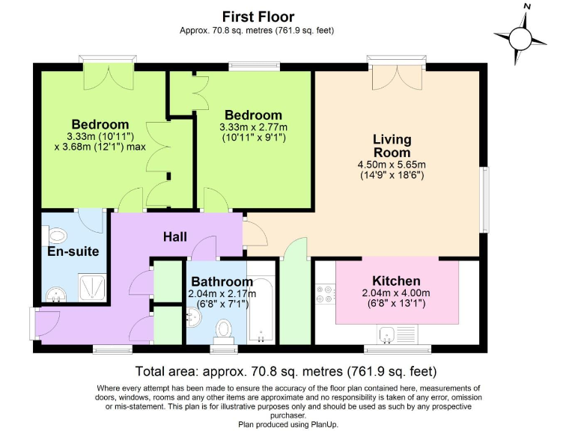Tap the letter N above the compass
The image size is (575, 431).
[x=527, y=7]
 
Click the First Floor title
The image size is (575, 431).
[x=258, y=16]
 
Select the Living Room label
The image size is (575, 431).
[x=392, y=146]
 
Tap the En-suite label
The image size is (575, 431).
[x=73, y=252]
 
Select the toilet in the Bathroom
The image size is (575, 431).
[x=223, y=329]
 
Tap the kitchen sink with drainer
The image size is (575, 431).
[x=394, y=334]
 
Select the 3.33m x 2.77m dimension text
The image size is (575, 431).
[x=254, y=128]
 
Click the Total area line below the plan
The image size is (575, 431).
[x=285, y=371]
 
